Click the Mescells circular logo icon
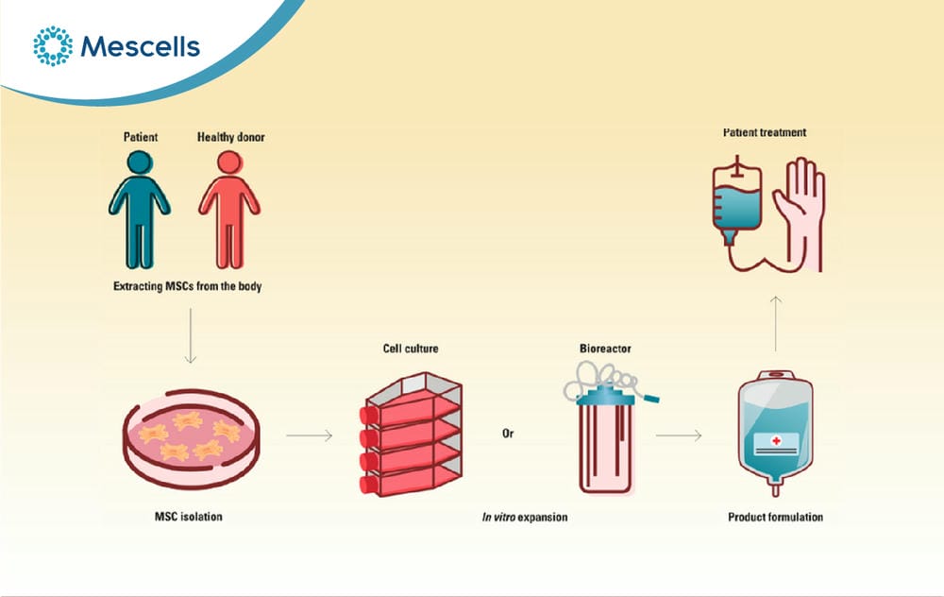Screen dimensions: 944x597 52,45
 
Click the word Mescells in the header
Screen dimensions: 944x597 140,46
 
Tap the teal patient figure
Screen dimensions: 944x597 139,210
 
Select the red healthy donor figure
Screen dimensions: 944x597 229,210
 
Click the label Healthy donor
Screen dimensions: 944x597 230,137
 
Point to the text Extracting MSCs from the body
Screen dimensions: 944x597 187,286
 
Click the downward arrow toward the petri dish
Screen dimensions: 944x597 191,336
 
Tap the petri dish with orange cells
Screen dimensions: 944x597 192,438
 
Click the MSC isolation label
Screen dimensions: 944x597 189,517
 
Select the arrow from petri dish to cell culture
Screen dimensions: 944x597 309,435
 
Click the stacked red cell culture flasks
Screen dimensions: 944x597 412,435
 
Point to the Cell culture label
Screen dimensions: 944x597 411,349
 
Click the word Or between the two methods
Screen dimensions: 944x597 508,434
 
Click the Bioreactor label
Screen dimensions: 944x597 605,349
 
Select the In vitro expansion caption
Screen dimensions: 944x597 524,517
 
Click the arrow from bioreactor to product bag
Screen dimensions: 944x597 679,435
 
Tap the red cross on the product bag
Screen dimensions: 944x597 777,441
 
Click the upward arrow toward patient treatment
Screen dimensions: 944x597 776,323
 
